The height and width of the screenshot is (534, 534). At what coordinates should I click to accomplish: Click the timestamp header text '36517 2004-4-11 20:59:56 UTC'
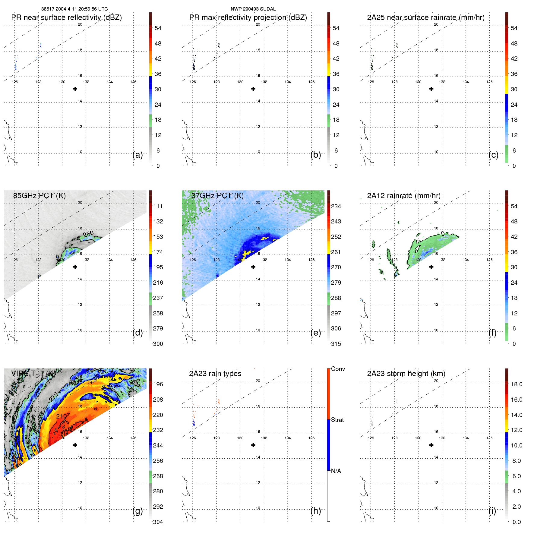tap(74, 9)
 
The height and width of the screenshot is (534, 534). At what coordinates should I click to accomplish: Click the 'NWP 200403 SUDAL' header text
tap(253, 9)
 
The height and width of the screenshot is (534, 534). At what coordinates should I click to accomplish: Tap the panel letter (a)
tap(137, 155)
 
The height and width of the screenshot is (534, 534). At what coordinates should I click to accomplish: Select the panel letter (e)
tap(315, 333)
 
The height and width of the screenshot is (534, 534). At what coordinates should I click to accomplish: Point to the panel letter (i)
tap(492, 511)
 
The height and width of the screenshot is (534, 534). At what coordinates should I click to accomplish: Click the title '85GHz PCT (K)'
tap(39, 196)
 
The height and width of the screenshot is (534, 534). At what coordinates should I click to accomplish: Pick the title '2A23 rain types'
tap(215, 374)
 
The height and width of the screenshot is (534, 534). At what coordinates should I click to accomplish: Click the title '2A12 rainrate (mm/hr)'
tap(403, 196)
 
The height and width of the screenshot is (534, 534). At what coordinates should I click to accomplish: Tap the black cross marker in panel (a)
tap(75, 89)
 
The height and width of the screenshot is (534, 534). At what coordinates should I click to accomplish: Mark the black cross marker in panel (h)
tap(253, 445)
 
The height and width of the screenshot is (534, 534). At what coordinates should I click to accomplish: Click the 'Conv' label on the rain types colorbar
tap(338, 369)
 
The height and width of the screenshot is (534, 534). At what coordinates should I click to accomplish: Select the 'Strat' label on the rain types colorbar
tap(337, 420)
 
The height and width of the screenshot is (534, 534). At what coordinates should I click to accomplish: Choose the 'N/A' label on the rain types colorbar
tap(336, 471)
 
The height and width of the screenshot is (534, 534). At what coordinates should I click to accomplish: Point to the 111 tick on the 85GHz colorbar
tap(158, 206)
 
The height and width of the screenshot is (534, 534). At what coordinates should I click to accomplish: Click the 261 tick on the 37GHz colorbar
tap(336, 252)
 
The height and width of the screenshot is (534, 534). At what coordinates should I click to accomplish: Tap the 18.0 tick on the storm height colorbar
tap(516, 384)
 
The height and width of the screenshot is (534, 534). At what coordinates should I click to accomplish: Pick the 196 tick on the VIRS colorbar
tap(158, 384)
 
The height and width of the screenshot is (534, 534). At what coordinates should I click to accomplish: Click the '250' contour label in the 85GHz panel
tap(88, 234)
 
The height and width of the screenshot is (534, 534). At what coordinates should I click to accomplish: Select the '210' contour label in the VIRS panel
tap(62, 416)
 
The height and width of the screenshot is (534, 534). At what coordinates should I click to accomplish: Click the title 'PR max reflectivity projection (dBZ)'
tap(248, 17)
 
